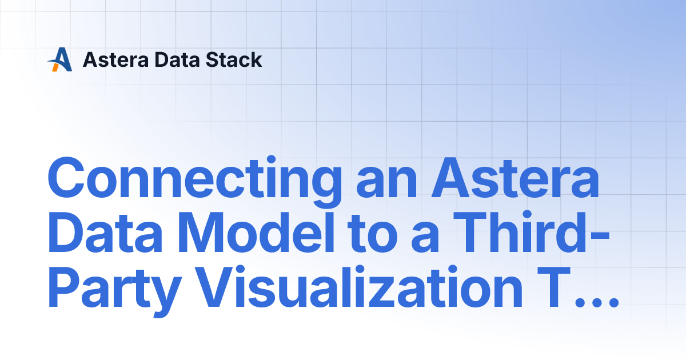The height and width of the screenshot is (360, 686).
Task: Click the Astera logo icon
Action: click(x=60, y=59)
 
